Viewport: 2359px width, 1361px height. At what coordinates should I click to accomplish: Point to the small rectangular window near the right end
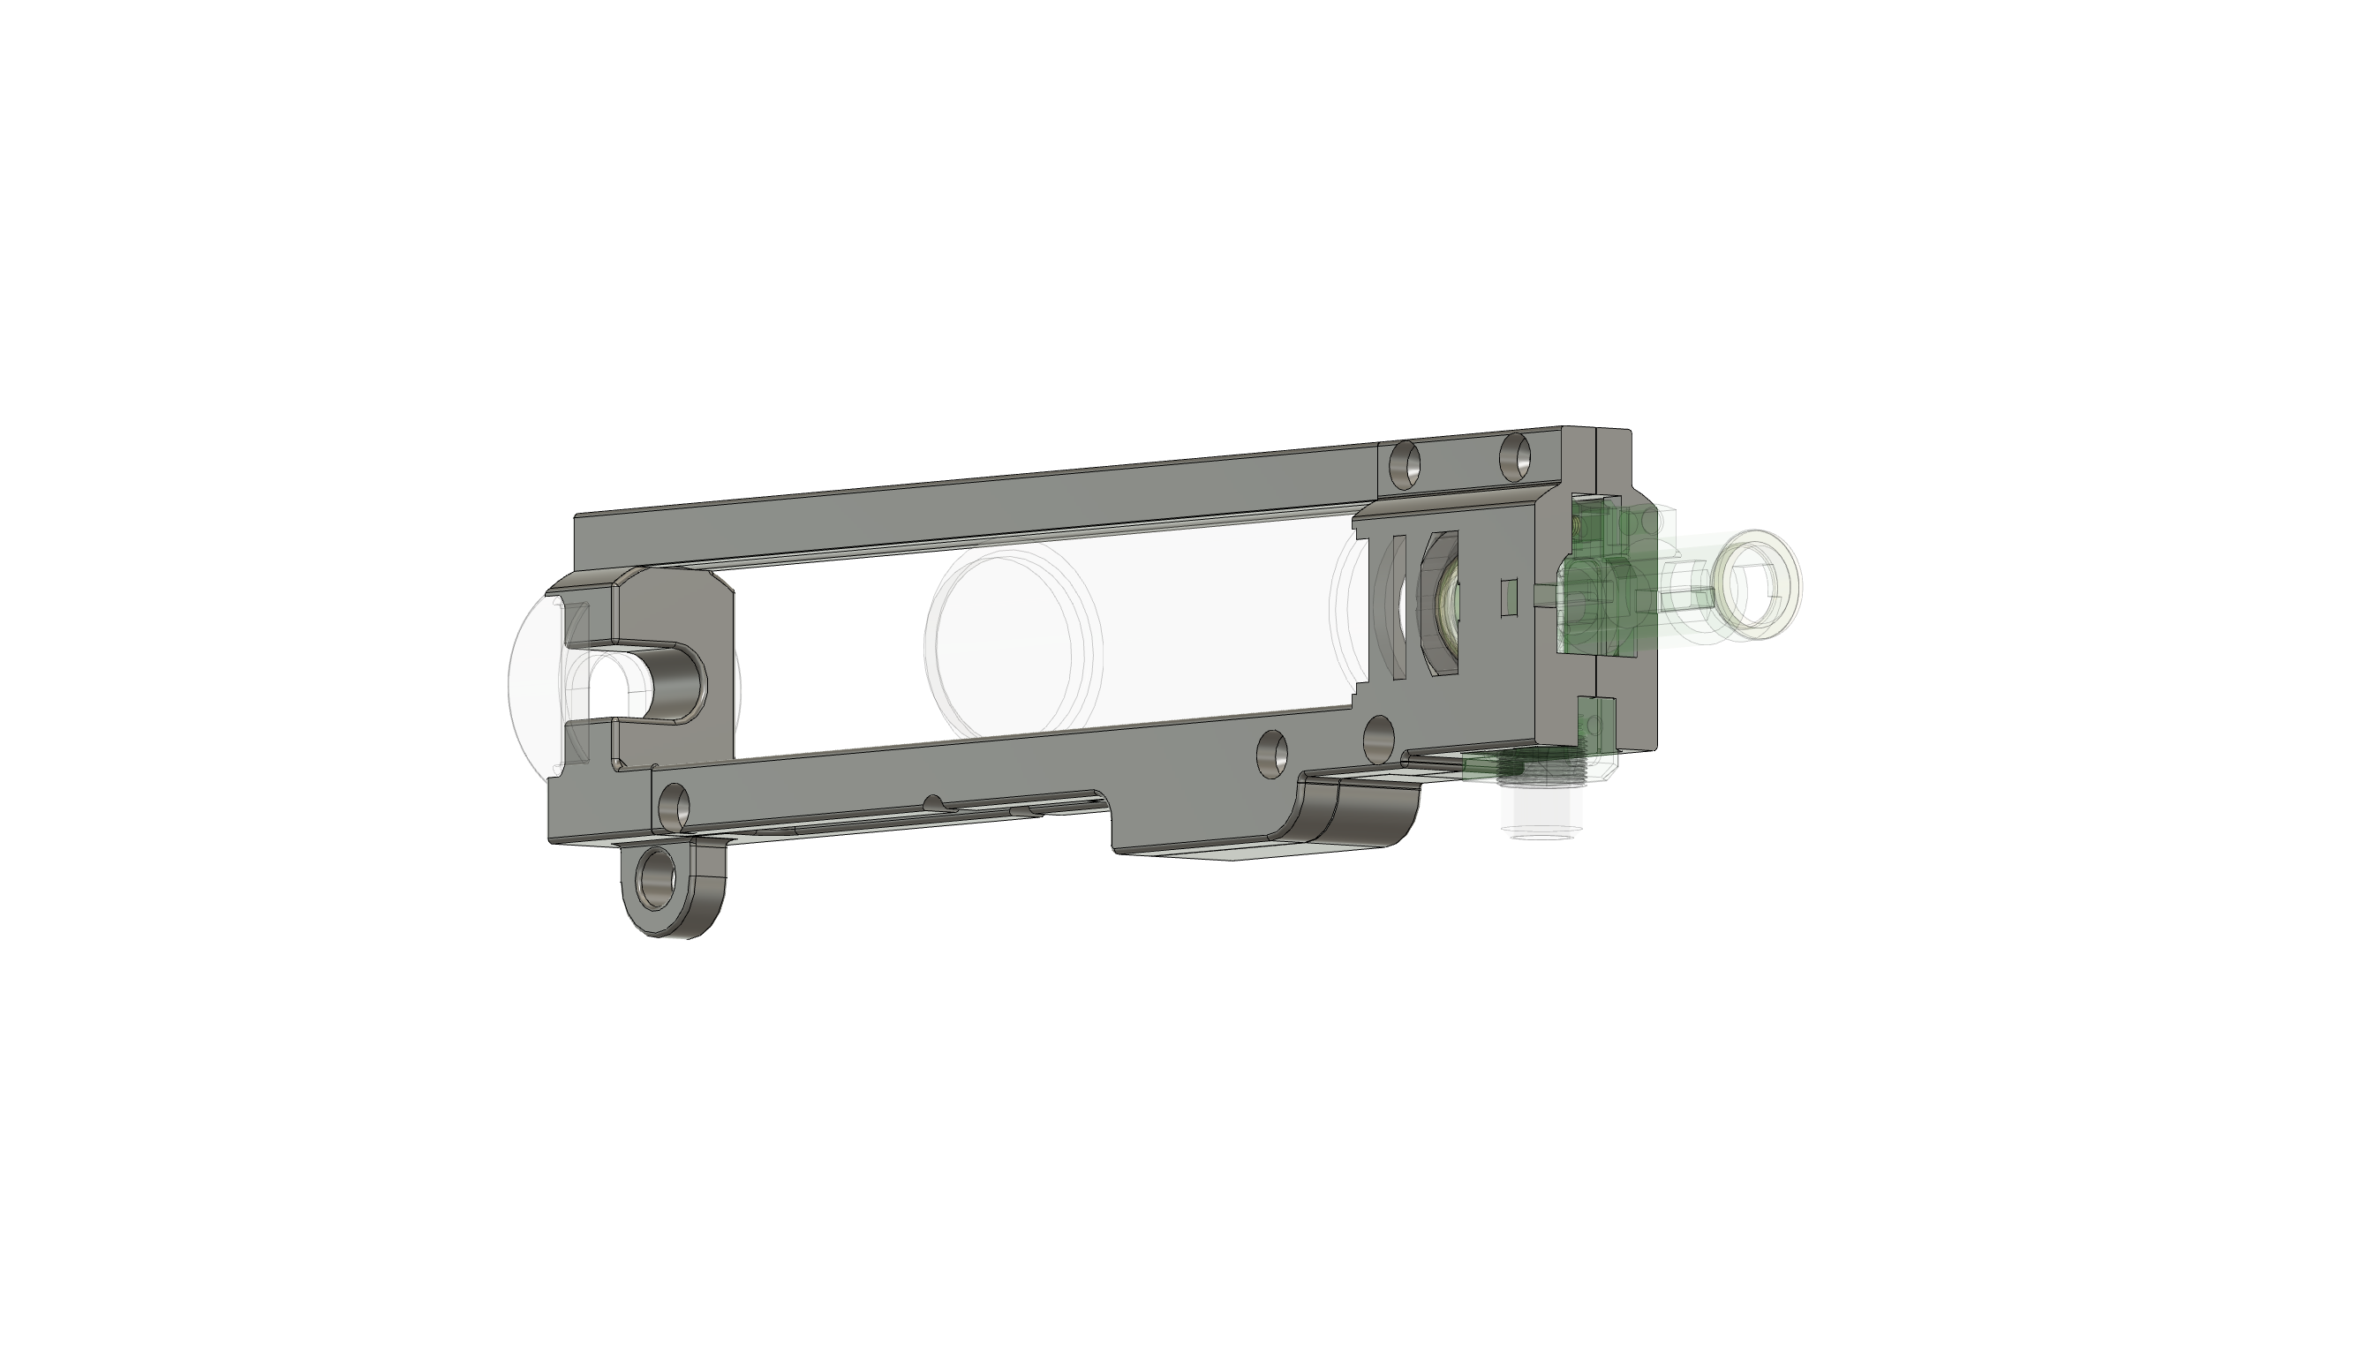pyautogui.click(x=1507, y=598)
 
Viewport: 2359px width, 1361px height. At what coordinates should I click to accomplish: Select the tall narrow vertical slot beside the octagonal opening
pyautogui.click(x=1398, y=604)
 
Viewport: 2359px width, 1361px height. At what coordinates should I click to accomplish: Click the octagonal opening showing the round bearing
pyautogui.click(x=1443, y=603)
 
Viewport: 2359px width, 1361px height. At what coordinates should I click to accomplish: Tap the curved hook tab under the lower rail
pyautogui.click(x=1346, y=809)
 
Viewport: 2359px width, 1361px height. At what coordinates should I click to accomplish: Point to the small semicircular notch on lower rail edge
pyautogui.click(x=933, y=803)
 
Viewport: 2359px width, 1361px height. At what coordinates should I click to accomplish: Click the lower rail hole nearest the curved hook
pyautogui.click(x=1271, y=750)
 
